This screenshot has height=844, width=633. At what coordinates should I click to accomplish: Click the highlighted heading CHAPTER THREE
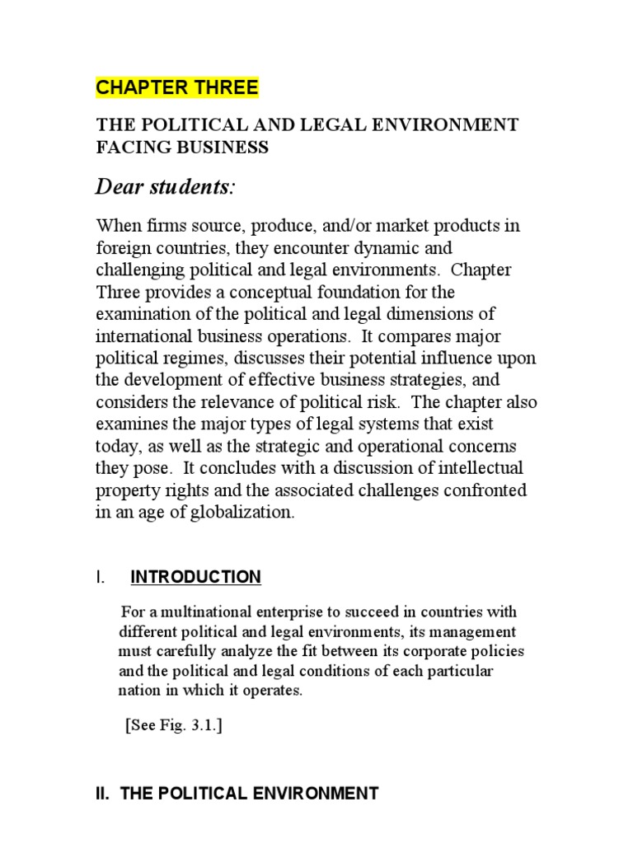[x=177, y=87]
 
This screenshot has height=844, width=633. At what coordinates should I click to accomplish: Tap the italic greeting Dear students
[x=165, y=188]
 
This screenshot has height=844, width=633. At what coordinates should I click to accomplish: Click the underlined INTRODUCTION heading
[x=195, y=577]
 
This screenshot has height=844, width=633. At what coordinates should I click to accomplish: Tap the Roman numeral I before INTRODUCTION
[x=100, y=577]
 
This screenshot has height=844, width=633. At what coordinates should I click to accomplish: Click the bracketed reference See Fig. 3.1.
[x=174, y=726]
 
